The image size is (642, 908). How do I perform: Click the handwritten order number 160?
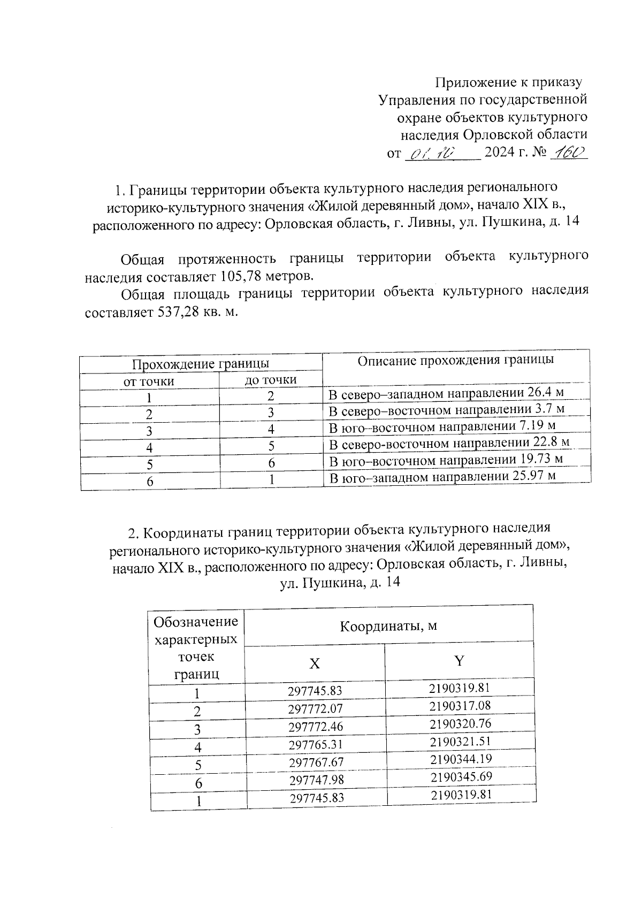pyautogui.click(x=569, y=153)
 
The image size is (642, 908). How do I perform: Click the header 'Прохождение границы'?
pyautogui.click(x=201, y=364)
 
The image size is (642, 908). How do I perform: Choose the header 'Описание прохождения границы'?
pyautogui.click(x=455, y=360)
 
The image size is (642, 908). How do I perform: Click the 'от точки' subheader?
pyautogui.click(x=149, y=381)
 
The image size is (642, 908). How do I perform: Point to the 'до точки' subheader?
pyautogui.click(x=271, y=380)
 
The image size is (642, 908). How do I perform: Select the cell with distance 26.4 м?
pyautogui.click(x=446, y=394)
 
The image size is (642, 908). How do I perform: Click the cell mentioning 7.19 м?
pyautogui.click(x=442, y=426)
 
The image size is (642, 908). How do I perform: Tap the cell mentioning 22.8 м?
pyautogui.click(x=448, y=443)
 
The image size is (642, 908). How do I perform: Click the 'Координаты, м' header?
pyautogui.click(x=388, y=625)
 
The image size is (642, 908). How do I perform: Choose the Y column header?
pyautogui.click(x=459, y=661)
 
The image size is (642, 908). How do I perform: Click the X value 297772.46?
pyautogui.click(x=315, y=727)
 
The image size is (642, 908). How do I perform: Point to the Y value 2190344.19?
pyautogui.click(x=460, y=759)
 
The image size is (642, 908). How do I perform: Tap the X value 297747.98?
pyautogui.click(x=316, y=780)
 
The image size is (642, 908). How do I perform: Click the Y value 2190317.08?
pyautogui.click(x=460, y=705)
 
